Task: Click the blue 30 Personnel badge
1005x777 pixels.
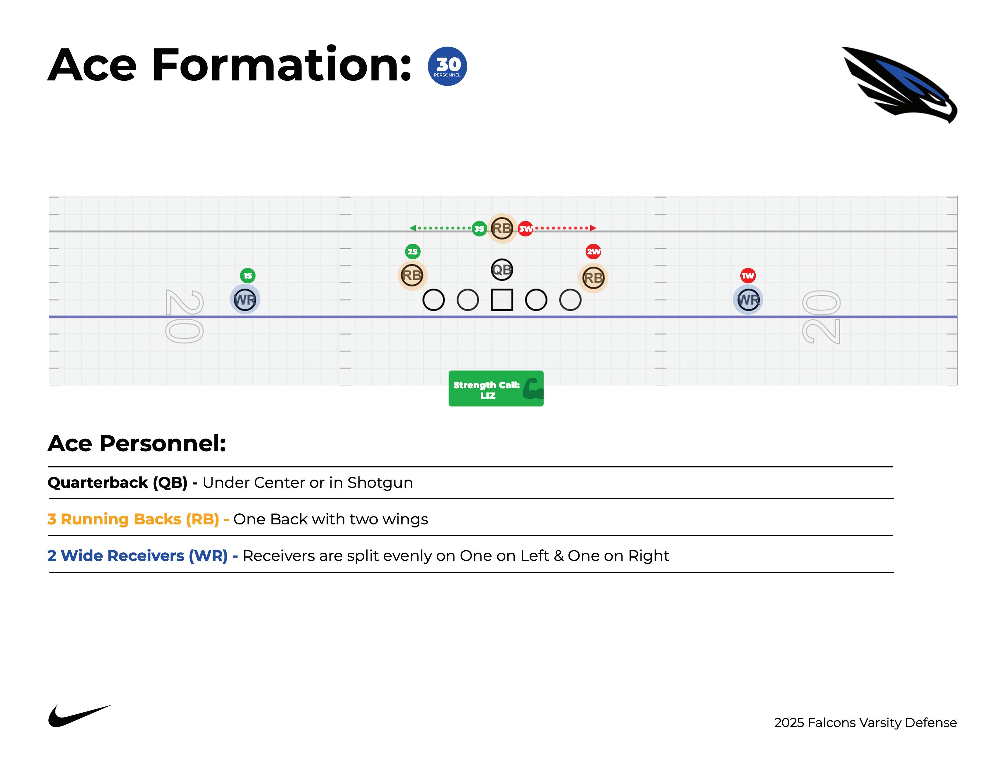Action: tap(447, 66)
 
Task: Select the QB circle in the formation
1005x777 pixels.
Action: tap(502, 270)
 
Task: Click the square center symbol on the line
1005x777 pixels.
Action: tap(502, 300)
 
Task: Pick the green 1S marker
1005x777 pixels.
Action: tap(248, 276)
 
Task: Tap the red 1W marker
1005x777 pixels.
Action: tap(748, 276)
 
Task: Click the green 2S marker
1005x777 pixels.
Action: tap(413, 251)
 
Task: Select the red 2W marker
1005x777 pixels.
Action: tap(593, 251)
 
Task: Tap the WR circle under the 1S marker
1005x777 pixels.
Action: tap(245, 300)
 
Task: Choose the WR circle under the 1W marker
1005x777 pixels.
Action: tap(748, 300)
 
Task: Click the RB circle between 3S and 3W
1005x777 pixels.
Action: tap(502, 228)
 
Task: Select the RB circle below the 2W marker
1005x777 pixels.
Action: tap(593, 278)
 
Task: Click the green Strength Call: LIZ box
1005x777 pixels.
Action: tap(495, 388)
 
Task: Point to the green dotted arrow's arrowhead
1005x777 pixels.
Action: tap(412, 228)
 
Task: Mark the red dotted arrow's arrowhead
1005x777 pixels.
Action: tap(594, 228)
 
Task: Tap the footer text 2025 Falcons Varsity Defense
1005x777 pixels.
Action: tap(865, 723)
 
